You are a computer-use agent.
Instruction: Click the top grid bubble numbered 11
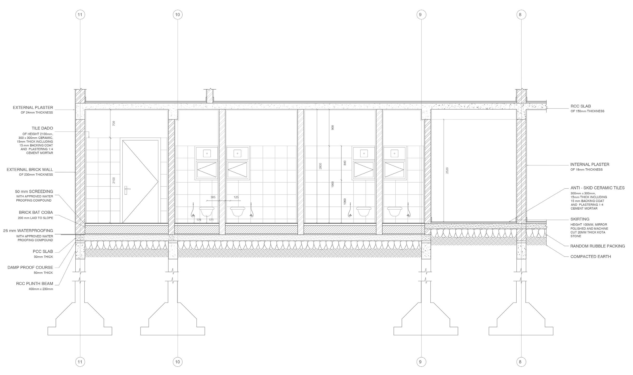(x=80, y=15)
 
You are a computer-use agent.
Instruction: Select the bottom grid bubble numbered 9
(x=421, y=361)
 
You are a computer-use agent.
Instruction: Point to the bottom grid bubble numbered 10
(x=178, y=361)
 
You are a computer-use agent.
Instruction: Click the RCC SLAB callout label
(x=581, y=106)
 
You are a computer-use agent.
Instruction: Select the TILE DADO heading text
(x=42, y=128)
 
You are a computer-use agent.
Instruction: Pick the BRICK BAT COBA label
(x=36, y=212)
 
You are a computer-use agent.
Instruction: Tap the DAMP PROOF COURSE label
(x=30, y=267)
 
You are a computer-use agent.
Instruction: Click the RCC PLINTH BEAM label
(x=34, y=284)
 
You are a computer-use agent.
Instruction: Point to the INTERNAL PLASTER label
(x=590, y=164)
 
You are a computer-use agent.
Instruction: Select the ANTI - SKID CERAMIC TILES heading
(x=597, y=188)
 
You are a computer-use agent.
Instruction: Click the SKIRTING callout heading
(x=580, y=219)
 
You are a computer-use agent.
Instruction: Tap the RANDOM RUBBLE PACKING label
(x=597, y=246)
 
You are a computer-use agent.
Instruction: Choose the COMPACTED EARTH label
(x=590, y=257)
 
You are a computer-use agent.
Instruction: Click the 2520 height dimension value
(x=447, y=171)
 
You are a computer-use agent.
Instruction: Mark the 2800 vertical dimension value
(x=321, y=166)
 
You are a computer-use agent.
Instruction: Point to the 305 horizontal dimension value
(x=213, y=197)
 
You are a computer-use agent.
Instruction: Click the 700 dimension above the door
(x=114, y=123)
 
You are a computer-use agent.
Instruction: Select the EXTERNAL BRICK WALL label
(x=30, y=170)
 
